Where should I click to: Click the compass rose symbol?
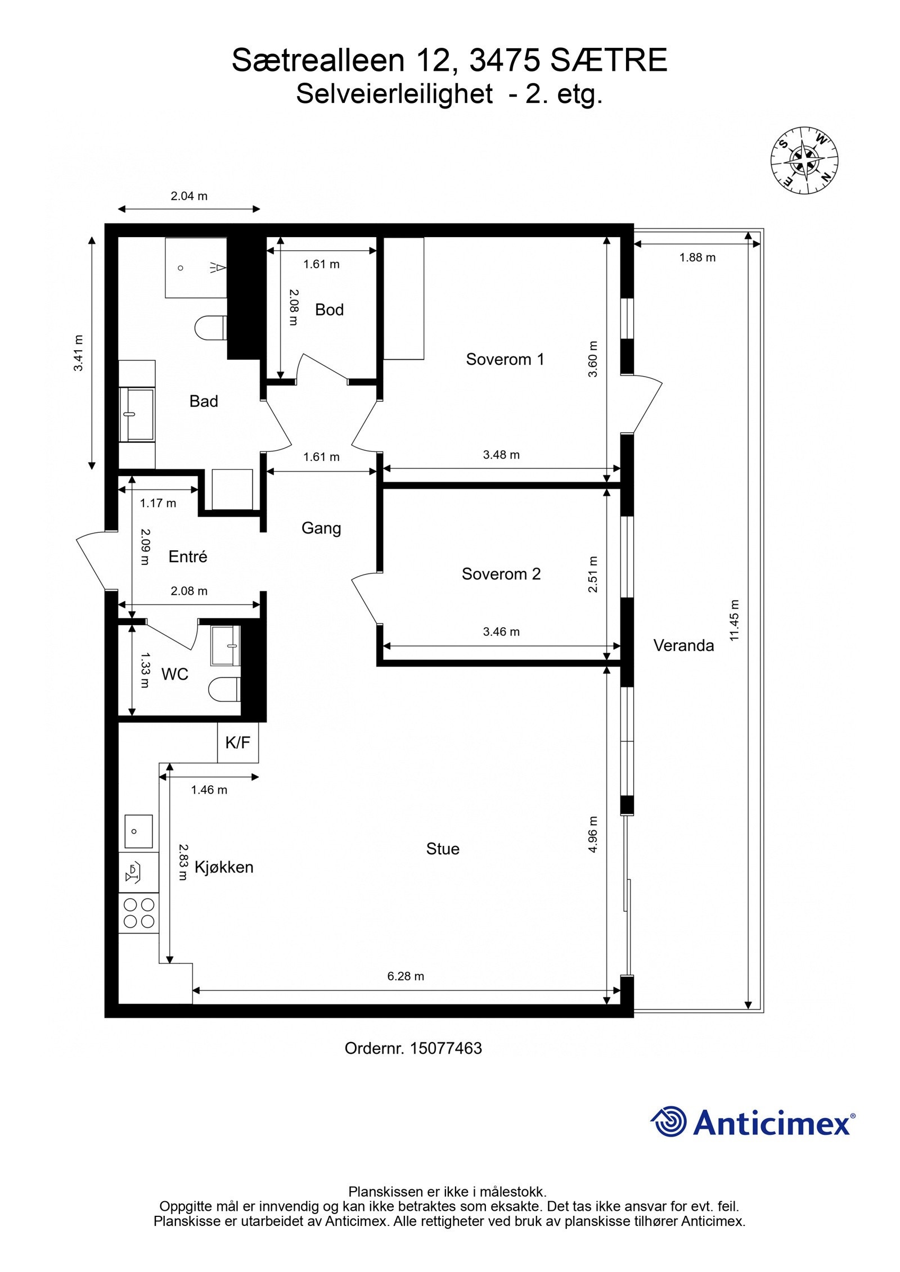pyautogui.click(x=804, y=160)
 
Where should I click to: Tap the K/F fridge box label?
pyautogui.click(x=237, y=743)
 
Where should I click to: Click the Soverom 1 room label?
pyautogui.click(x=505, y=359)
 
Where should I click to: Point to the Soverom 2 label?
pyautogui.click(x=501, y=574)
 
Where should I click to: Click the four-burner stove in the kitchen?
pyautogui.click(x=138, y=913)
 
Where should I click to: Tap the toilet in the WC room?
pyautogui.click(x=224, y=689)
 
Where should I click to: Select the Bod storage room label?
pyautogui.click(x=329, y=310)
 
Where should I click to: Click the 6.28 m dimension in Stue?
pyautogui.click(x=406, y=976)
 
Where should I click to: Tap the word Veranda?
pyautogui.click(x=683, y=645)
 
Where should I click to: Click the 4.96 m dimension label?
pyautogui.click(x=593, y=835)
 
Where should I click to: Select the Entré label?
pyautogui.click(x=188, y=556)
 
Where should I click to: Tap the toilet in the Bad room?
pyautogui.click(x=210, y=328)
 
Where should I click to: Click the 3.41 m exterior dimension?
pyautogui.click(x=78, y=353)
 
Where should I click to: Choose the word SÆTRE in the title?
pyautogui.click(x=609, y=61)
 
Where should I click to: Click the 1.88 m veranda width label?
pyautogui.click(x=697, y=257)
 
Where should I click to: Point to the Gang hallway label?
pyautogui.click(x=321, y=528)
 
